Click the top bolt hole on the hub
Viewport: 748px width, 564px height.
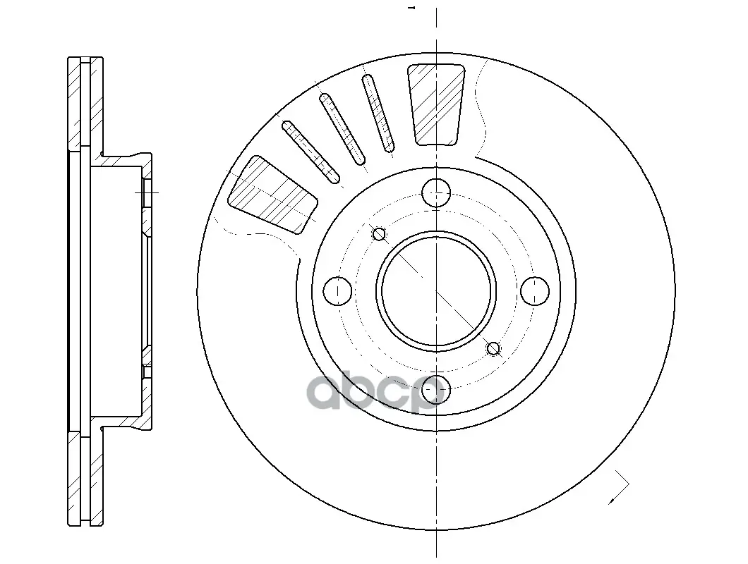[436, 193]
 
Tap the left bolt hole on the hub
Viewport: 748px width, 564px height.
[338, 290]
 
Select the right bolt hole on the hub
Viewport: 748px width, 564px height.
[535, 290]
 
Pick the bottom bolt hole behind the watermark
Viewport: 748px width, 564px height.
[436, 388]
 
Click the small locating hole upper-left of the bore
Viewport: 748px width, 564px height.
[379, 234]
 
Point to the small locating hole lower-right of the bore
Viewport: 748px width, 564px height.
[493, 348]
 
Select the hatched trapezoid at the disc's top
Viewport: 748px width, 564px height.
[436, 104]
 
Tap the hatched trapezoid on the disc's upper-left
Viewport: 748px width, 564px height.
[273, 195]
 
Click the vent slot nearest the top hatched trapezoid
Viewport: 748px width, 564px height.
[378, 113]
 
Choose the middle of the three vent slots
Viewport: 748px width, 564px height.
[342, 129]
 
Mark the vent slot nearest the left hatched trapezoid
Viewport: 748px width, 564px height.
[311, 152]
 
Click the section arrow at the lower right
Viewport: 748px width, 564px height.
[619, 486]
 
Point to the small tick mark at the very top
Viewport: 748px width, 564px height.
[412, 8]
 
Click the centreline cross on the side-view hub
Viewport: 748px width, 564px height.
[147, 192]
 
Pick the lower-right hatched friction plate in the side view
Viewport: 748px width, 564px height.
[97, 478]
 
